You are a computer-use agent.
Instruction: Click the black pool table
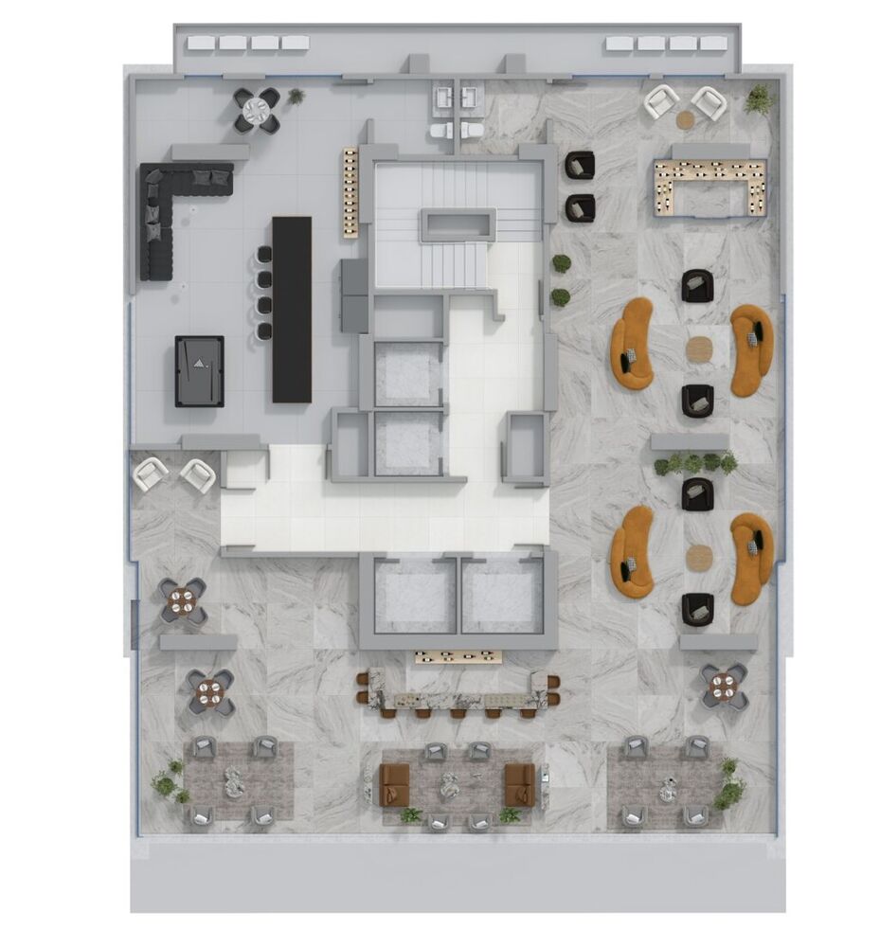[199, 371]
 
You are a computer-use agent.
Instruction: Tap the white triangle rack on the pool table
[199, 362]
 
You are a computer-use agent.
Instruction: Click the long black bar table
[292, 309]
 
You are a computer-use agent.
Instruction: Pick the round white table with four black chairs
[257, 111]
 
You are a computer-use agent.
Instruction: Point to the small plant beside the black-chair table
[296, 96]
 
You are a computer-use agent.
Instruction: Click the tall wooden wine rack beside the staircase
[350, 192]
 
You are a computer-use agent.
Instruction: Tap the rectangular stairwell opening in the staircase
[458, 223]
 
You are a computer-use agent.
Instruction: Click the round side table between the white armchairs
[685, 119]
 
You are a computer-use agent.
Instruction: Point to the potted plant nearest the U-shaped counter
[759, 98]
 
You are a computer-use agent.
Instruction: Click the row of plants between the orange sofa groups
[694, 463]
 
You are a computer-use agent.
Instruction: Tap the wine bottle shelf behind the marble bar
[458, 656]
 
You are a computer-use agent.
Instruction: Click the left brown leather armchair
[393, 783]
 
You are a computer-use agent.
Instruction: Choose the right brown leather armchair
[519, 783]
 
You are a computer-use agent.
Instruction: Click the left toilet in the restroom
[443, 129]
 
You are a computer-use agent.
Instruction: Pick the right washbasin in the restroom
[471, 96]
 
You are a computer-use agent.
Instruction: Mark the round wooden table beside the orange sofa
[699, 348]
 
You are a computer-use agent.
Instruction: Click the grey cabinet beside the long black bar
[353, 295]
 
